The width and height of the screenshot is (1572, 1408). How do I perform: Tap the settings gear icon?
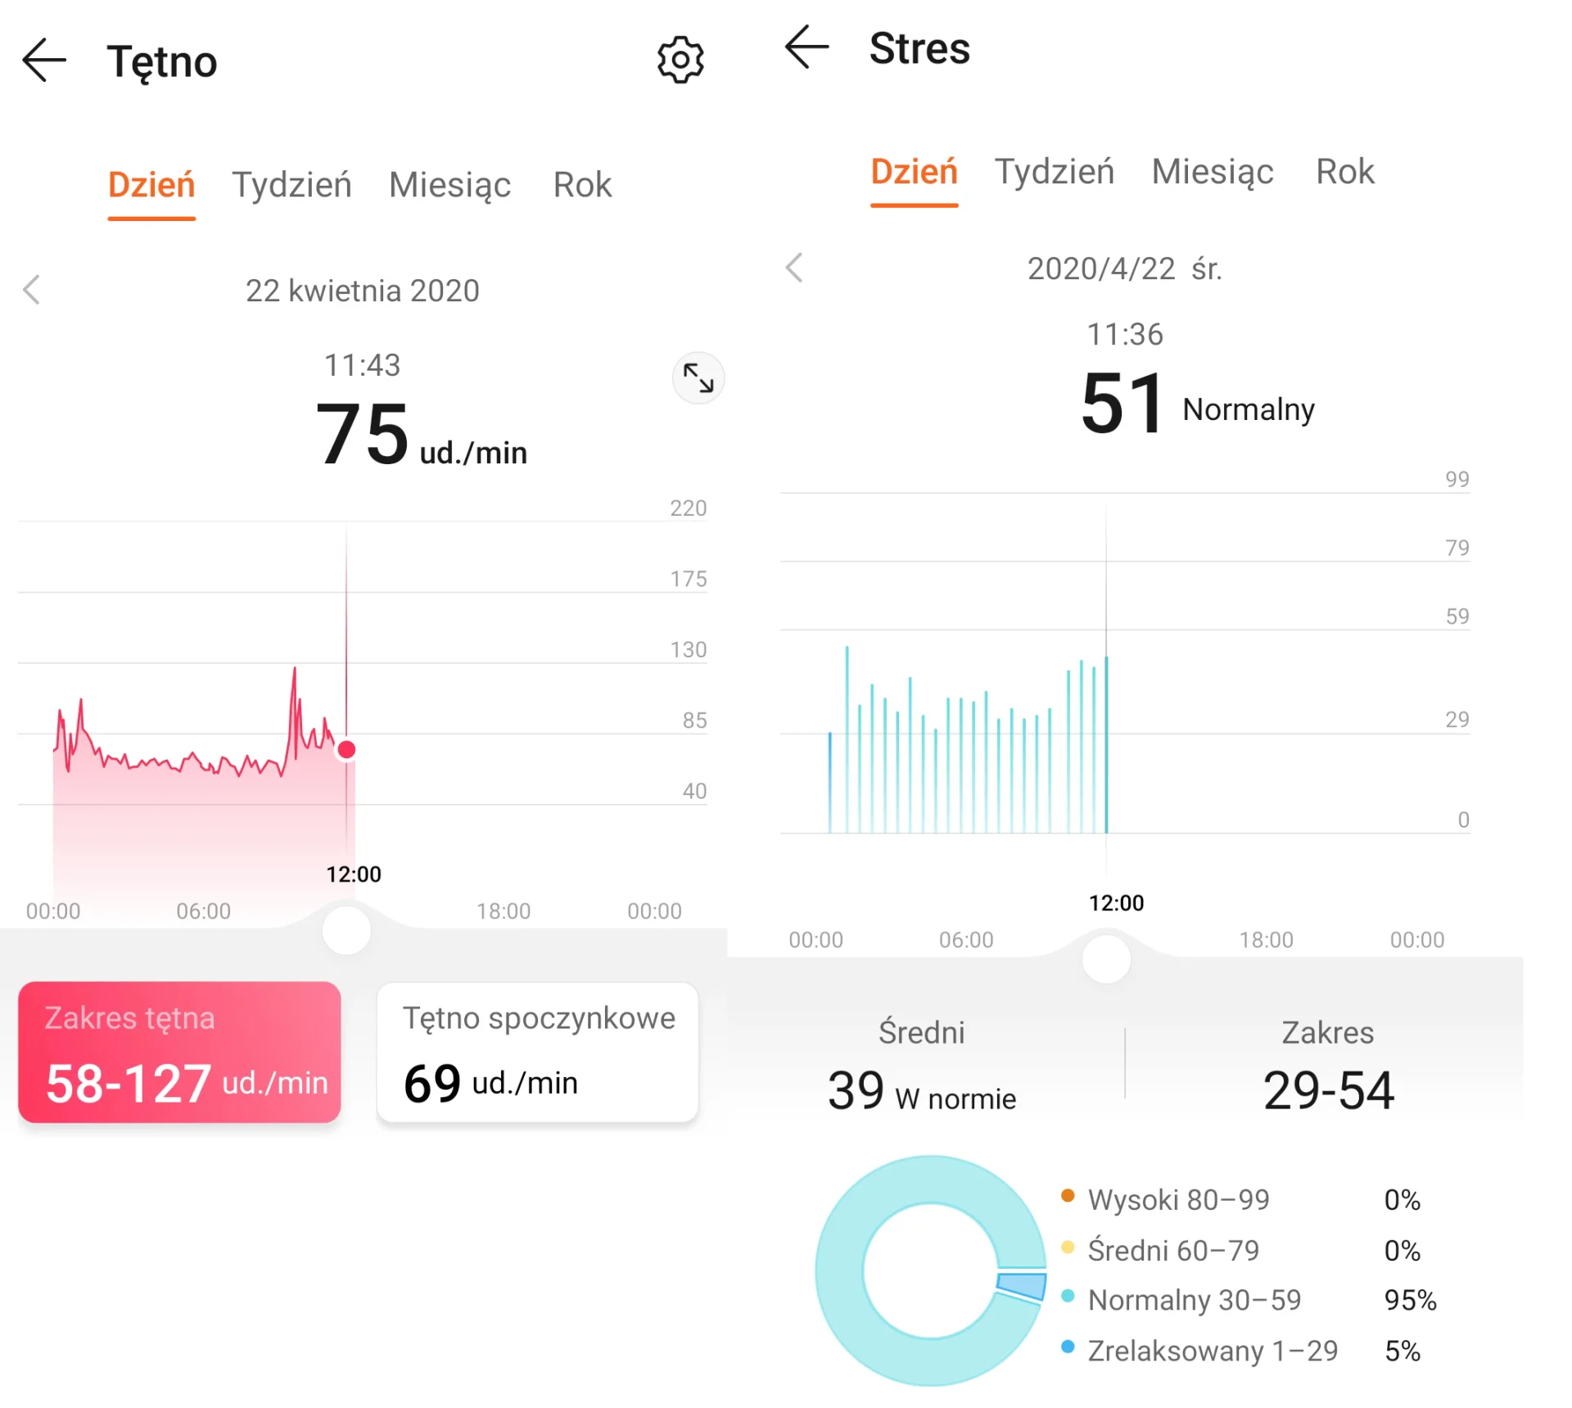point(680,60)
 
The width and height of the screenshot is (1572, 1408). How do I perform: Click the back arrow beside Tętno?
point(44,61)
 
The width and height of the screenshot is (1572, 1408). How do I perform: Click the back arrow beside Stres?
point(807,47)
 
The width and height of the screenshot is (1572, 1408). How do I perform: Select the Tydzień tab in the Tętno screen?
point(291,185)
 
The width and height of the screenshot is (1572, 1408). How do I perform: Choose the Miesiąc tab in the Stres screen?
point(1213,172)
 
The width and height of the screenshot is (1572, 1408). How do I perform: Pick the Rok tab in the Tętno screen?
point(582,185)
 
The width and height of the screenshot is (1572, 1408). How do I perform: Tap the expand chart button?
point(698,378)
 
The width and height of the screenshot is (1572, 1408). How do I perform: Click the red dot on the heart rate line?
point(346,750)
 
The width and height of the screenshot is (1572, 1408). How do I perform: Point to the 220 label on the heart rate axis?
point(688,508)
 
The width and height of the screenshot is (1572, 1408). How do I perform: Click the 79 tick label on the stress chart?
point(1457,548)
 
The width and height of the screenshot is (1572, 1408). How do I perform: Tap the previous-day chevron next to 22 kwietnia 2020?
point(32,290)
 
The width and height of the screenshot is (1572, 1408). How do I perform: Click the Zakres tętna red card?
point(179,1052)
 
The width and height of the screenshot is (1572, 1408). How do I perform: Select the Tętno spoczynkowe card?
point(537,1052)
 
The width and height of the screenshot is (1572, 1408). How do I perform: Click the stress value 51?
point(1122,403)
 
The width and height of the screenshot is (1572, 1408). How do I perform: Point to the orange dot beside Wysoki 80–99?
point(1068,1196)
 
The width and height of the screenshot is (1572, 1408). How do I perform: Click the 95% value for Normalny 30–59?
point(1410,1300)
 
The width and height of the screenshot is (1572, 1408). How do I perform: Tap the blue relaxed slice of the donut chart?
point(1022,1285)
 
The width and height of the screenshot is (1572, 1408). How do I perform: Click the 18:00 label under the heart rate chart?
point(504,911)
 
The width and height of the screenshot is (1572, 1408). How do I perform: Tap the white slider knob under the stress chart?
point(1106,959)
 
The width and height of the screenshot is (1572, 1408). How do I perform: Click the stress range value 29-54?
point(1328,1090)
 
